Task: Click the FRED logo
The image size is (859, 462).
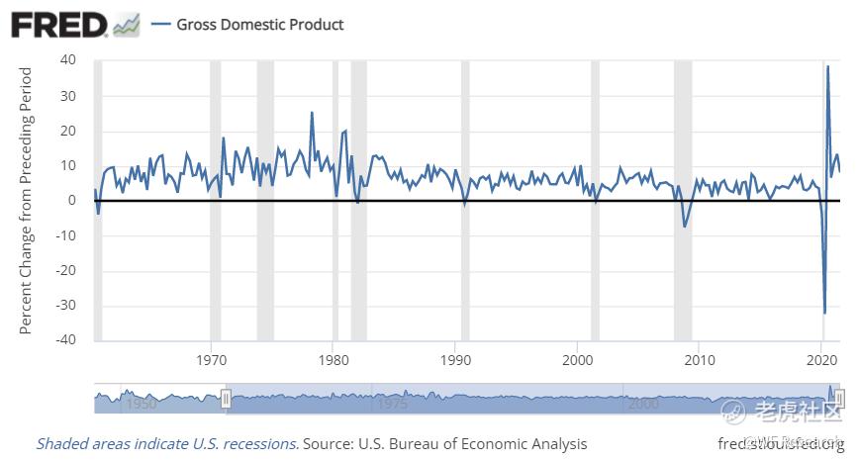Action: click(59, 24)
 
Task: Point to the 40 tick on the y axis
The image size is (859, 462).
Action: click(67, 59)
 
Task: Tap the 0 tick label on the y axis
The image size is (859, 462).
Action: click(71, 200)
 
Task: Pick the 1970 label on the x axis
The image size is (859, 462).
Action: click(212, 356)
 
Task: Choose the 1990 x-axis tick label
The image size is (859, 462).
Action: click(455, 356)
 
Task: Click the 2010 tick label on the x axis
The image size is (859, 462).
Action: click(700, 356)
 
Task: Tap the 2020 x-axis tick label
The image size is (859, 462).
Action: click(821, 356)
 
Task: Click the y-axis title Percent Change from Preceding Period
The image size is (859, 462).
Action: click(27, 200)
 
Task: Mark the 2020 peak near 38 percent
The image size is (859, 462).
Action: click(827, 66)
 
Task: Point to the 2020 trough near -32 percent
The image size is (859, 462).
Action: click(824, 313)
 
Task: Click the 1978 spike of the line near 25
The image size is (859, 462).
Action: click(312, 113)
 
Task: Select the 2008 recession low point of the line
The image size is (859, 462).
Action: click(684, 227)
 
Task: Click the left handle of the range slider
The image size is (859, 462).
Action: click(226, 398)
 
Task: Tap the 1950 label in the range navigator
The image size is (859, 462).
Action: click(140, 405)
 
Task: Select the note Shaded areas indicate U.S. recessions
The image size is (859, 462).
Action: click(167, 443)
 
